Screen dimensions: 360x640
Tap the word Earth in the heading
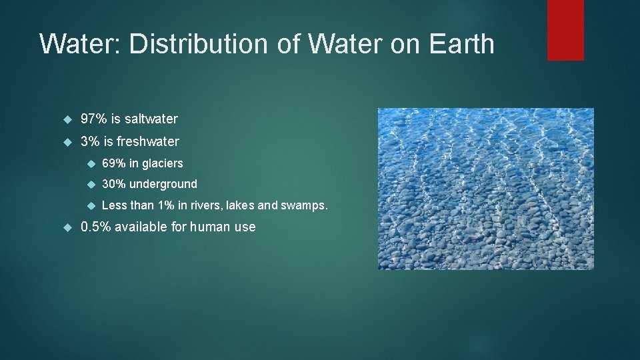[462, 44]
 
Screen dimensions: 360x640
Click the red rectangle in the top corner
[565, 29]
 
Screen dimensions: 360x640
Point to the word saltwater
[151, 119]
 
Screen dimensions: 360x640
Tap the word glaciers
[162, 163]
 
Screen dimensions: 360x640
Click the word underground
[163, 184]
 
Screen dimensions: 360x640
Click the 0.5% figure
[96, 227]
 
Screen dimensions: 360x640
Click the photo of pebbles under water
[485, 189]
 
